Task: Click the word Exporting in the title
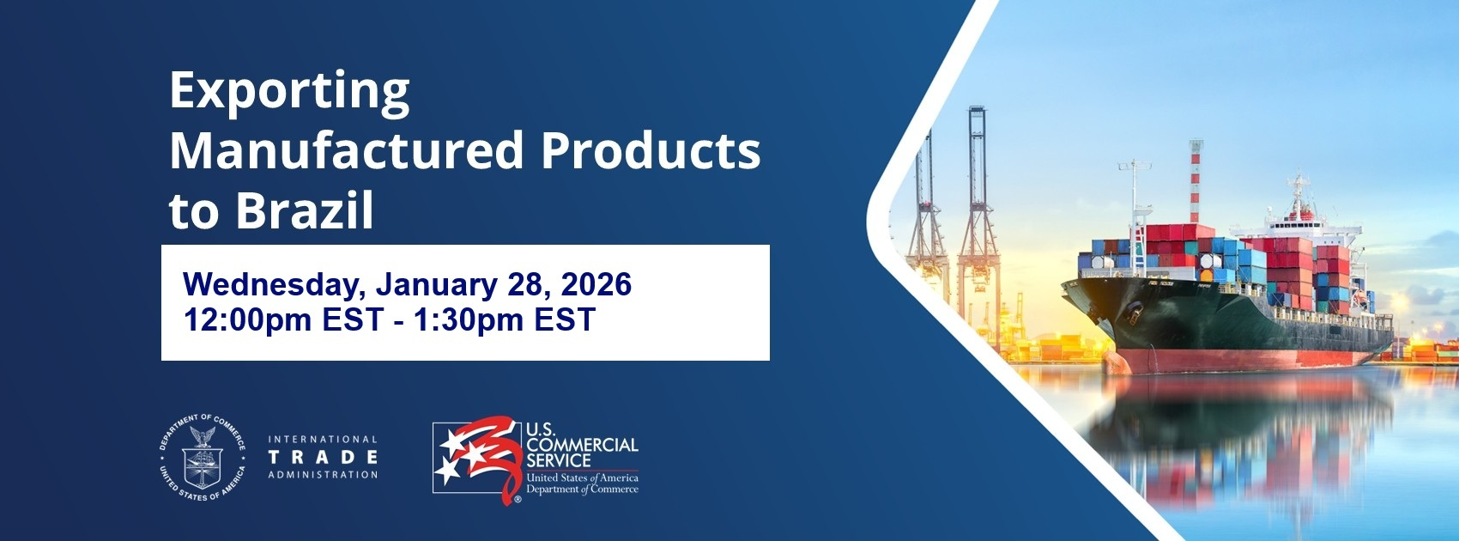tap(289, 91)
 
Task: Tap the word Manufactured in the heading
tap(346, 151)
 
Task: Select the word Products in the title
tap(651, 151)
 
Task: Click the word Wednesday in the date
tap(274, 284)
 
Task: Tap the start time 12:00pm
tap(247, 319)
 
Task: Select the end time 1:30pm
tap(468, 319)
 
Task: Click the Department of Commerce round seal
tap(203, 457)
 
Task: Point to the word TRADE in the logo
tap(323, 457)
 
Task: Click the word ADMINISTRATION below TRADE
tap(323, 475)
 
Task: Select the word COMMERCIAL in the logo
tap(582, 445)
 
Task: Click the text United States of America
tap(582, 477)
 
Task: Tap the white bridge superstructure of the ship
tap(1309, 223)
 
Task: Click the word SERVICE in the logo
tap(558, 460)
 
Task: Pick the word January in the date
tap(437, 284)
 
